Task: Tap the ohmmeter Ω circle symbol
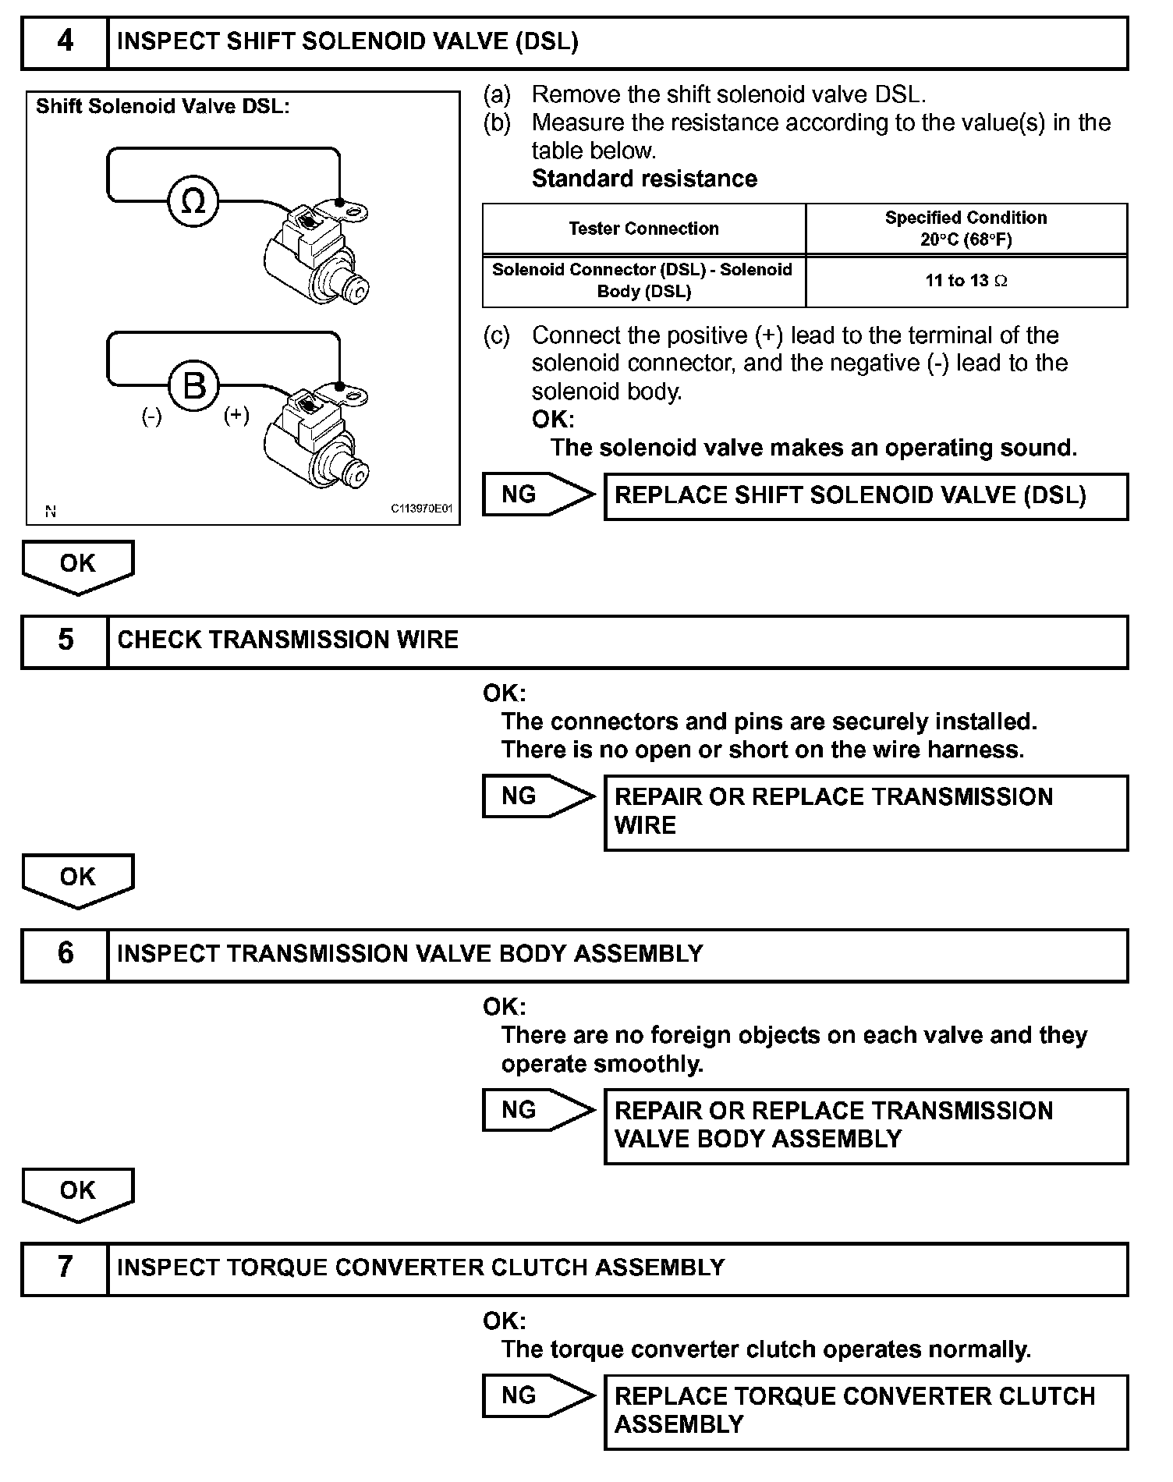[193, 202]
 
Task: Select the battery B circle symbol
[193, 385]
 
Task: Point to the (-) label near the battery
[151, 417]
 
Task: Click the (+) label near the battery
[236, 414]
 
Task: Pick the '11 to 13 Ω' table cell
[966, 281]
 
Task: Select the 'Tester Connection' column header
[643, 229]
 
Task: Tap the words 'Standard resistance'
[644, 179]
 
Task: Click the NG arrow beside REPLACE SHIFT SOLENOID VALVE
[537, 495]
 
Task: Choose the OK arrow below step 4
[78, 565]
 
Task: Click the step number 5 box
[65, 640]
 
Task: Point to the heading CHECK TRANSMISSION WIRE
[288, 640]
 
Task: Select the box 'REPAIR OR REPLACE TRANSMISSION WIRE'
[866, 811]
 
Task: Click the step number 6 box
[65, 954]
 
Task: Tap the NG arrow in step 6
[537, 1110]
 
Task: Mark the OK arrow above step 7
[78, 1193]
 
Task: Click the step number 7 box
[65, 1267]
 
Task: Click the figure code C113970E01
[421, 509]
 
